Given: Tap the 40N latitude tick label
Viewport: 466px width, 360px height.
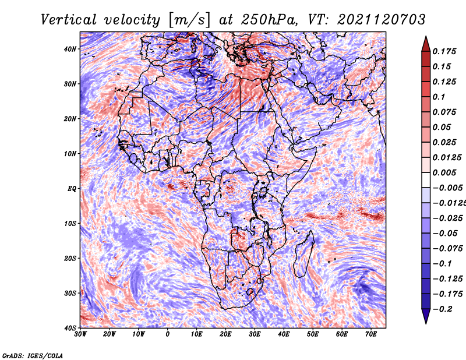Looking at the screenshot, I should [x=70, y=49].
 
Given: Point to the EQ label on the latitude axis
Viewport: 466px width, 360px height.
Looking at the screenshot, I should [x=72, y=188].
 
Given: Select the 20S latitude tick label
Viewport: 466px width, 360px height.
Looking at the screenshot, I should [x=70, y=258].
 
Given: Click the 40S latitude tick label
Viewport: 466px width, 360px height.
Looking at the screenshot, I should [x=70, y=328].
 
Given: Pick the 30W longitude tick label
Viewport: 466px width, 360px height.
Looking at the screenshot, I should [x=80, y=334].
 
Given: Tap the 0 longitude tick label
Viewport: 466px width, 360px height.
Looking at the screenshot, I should [x=168, y=334].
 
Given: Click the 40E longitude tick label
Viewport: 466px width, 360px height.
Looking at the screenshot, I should [x=284, y=334].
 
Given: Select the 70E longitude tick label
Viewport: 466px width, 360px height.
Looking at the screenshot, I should [x=371, y=334].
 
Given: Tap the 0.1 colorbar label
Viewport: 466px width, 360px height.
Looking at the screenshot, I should [x=439, y=97].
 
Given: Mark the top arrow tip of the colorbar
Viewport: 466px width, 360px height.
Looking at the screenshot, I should [x=426, y=37].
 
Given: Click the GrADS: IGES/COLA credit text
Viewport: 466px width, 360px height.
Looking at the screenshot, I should [x=32, y=355].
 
